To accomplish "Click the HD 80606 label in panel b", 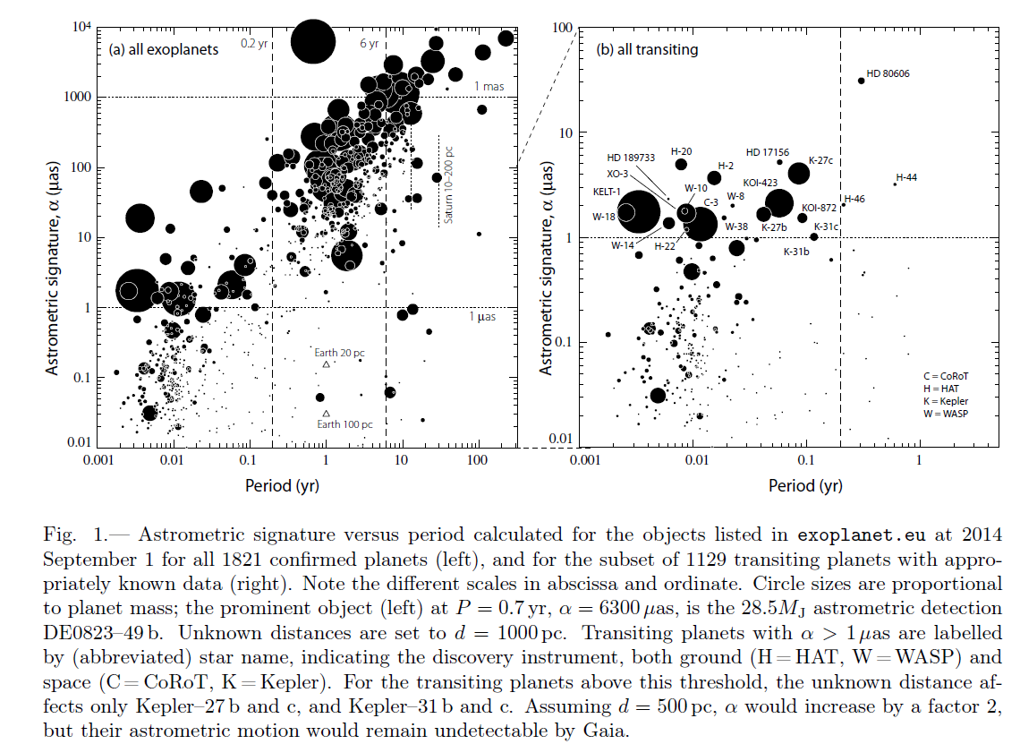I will (888, 73).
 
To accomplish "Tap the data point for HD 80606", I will (862, 81).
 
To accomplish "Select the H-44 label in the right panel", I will (906, 177).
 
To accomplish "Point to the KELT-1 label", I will (607, 192).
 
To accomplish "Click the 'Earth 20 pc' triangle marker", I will (327, 365).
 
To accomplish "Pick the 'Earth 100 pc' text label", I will (344, 424).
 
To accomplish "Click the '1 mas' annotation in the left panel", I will (489, 86).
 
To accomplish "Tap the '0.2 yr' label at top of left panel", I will (256, 43).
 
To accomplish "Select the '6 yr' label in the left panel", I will (369, 43).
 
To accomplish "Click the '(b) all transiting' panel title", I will (647, 50).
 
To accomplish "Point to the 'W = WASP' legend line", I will (947, 414).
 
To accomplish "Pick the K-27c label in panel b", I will (820, 160).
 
